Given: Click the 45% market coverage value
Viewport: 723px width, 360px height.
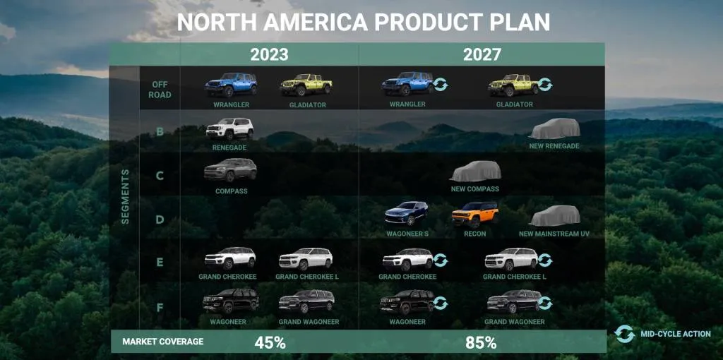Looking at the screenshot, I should (x=270, y=343).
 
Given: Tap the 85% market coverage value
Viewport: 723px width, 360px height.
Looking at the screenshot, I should (x=481, y=343).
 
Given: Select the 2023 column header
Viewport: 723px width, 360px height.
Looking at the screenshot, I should (x=269, y=54).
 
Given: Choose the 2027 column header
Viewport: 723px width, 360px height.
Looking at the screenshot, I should (x=482, y=54).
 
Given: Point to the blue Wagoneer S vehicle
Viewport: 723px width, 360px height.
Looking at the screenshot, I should (x=407, y=214).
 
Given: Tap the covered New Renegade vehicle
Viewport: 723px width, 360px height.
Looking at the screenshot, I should (x=554, y=129).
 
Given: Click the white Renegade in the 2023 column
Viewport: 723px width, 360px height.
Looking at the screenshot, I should (x=229, y=129).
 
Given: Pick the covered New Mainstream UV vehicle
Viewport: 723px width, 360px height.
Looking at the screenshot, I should (x=554, y=216).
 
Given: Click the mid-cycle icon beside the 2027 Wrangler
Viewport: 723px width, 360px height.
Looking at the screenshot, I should (x=441, y=85).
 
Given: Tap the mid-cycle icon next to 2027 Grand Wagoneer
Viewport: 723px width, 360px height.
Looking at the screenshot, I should (x=544, y=304).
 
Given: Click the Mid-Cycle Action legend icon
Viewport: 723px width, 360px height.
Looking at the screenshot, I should (x=625, y=334).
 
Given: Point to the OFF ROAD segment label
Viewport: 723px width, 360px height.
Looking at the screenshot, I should (x=160, y=90).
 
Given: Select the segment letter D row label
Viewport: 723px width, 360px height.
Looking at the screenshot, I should (x=160, y=219).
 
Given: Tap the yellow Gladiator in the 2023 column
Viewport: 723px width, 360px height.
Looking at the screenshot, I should (x=306, y=85).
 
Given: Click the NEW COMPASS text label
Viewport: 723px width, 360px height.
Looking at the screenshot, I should (x=474, y=189).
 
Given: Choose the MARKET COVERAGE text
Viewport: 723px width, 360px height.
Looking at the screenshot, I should (x=162, y=342).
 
